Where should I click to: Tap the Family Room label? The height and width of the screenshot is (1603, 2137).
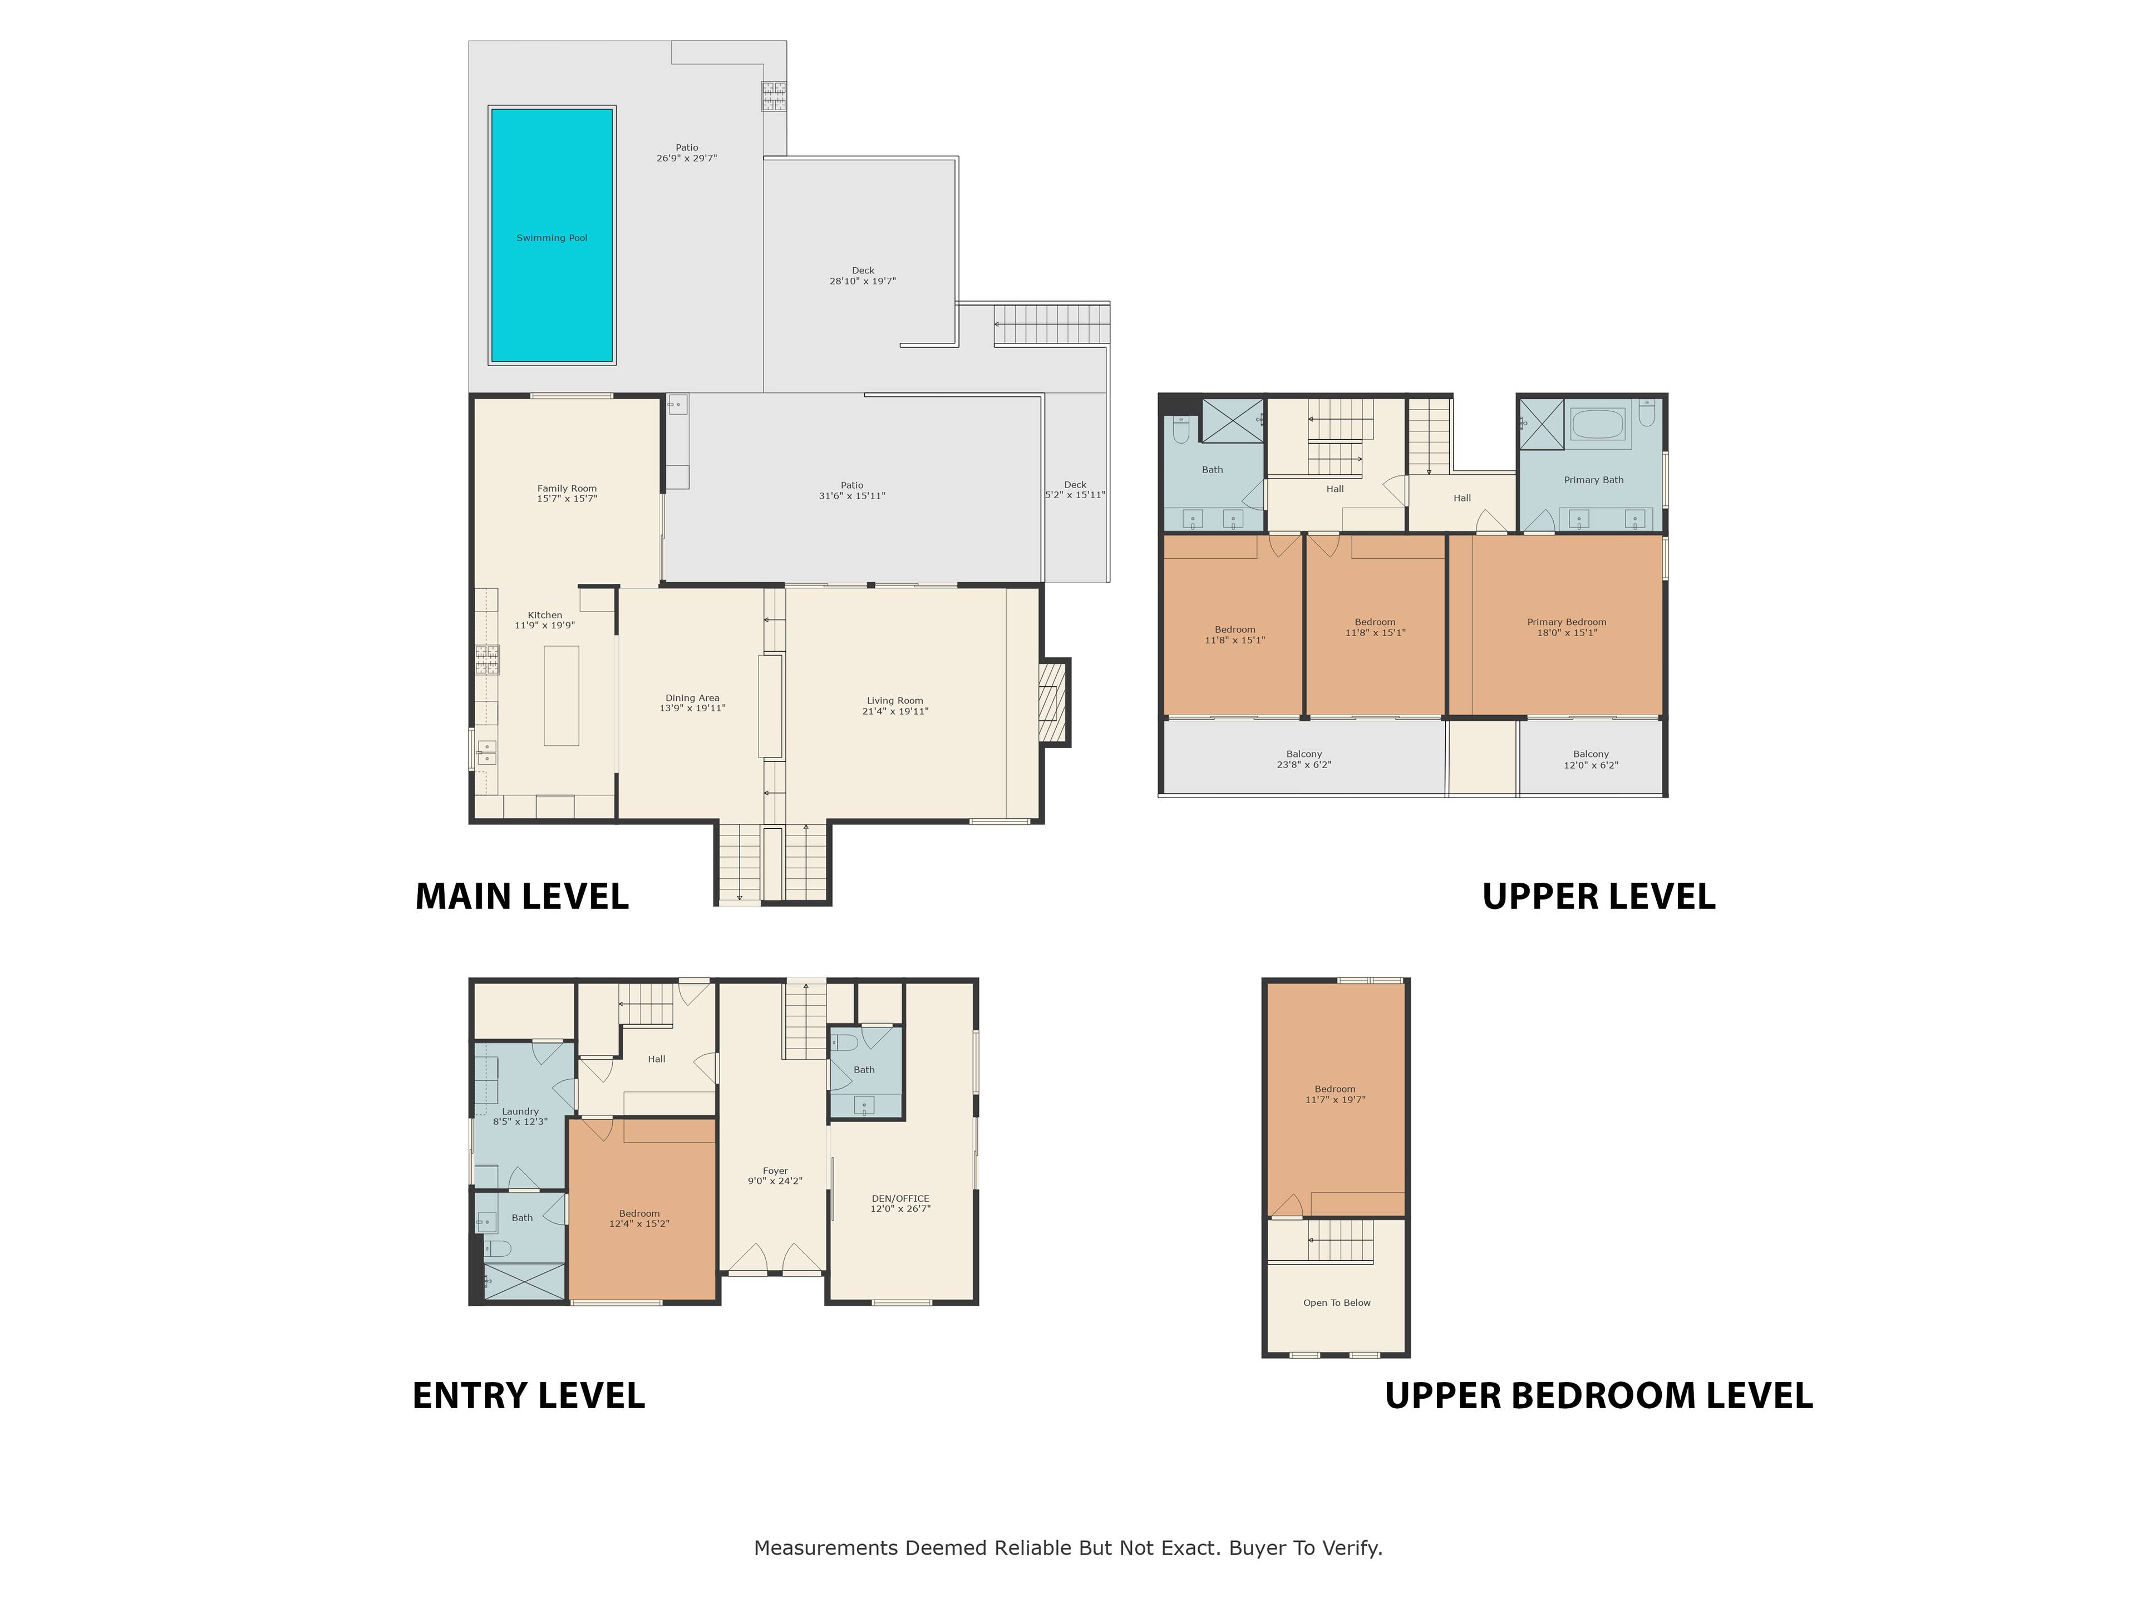[x=567, y=489]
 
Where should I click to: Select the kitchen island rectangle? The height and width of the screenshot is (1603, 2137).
[x=562, y=696]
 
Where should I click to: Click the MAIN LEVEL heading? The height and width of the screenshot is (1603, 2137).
[x=521, y=897]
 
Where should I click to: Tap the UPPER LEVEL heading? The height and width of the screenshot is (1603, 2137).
[x=1599, y=897]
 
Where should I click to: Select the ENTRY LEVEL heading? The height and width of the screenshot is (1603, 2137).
[x=529, y=1396]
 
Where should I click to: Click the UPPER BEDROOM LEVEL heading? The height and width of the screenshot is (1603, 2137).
[x=1599, y=1396]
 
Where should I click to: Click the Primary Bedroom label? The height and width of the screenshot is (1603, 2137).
[x=1567, y=622]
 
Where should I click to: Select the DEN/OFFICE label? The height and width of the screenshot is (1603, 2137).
[x=900, y=1198]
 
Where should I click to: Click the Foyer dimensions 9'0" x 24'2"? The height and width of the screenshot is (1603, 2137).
[x=775, y=1181]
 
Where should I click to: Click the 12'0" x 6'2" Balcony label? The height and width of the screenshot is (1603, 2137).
[x=1591, y=759]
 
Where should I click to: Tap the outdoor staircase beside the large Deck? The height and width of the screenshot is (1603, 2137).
[x=1052, y=324]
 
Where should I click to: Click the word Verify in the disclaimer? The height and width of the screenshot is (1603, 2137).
[x=1352, y=1548]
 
